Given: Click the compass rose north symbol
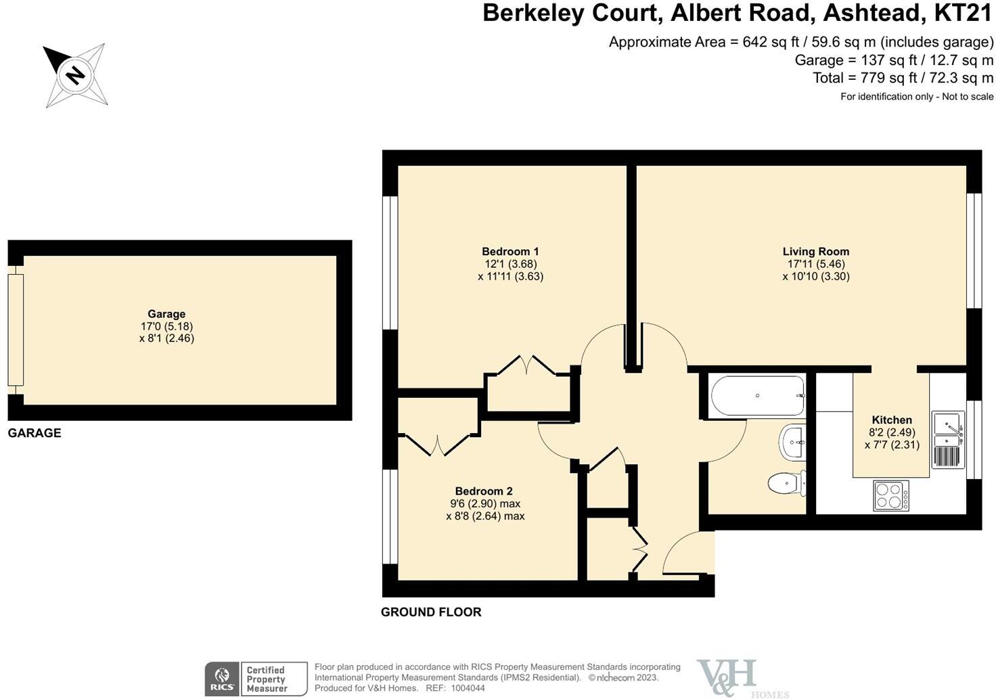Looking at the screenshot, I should [75, 74].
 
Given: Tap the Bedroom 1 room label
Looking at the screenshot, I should [510, 252].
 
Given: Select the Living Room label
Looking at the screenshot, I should [815, 252].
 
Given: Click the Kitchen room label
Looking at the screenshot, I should [891, 420].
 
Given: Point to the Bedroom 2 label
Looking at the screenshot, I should [484, 491].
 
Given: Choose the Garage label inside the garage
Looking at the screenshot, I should [166, 314].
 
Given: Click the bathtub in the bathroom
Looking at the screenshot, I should [758, 397].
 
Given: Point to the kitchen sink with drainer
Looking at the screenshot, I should [948, 439].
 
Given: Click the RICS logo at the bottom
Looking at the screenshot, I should [222, 679].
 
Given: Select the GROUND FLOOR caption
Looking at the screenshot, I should [431, 612].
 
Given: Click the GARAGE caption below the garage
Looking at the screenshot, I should [35, 433].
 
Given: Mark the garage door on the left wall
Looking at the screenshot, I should [16, 330].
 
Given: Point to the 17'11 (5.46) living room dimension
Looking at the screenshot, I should [815, 264].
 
